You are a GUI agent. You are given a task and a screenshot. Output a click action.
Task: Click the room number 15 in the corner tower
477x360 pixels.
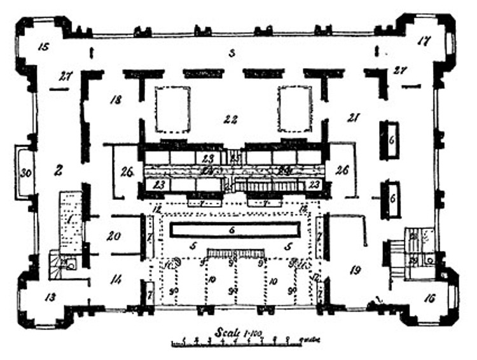43,47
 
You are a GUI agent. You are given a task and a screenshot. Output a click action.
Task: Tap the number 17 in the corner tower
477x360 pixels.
424,41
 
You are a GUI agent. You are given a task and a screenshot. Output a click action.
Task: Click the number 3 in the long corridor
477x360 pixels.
232,53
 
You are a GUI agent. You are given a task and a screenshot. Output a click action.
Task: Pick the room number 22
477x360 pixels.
230,118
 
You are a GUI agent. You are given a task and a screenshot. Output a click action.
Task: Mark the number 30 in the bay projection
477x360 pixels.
25,173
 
